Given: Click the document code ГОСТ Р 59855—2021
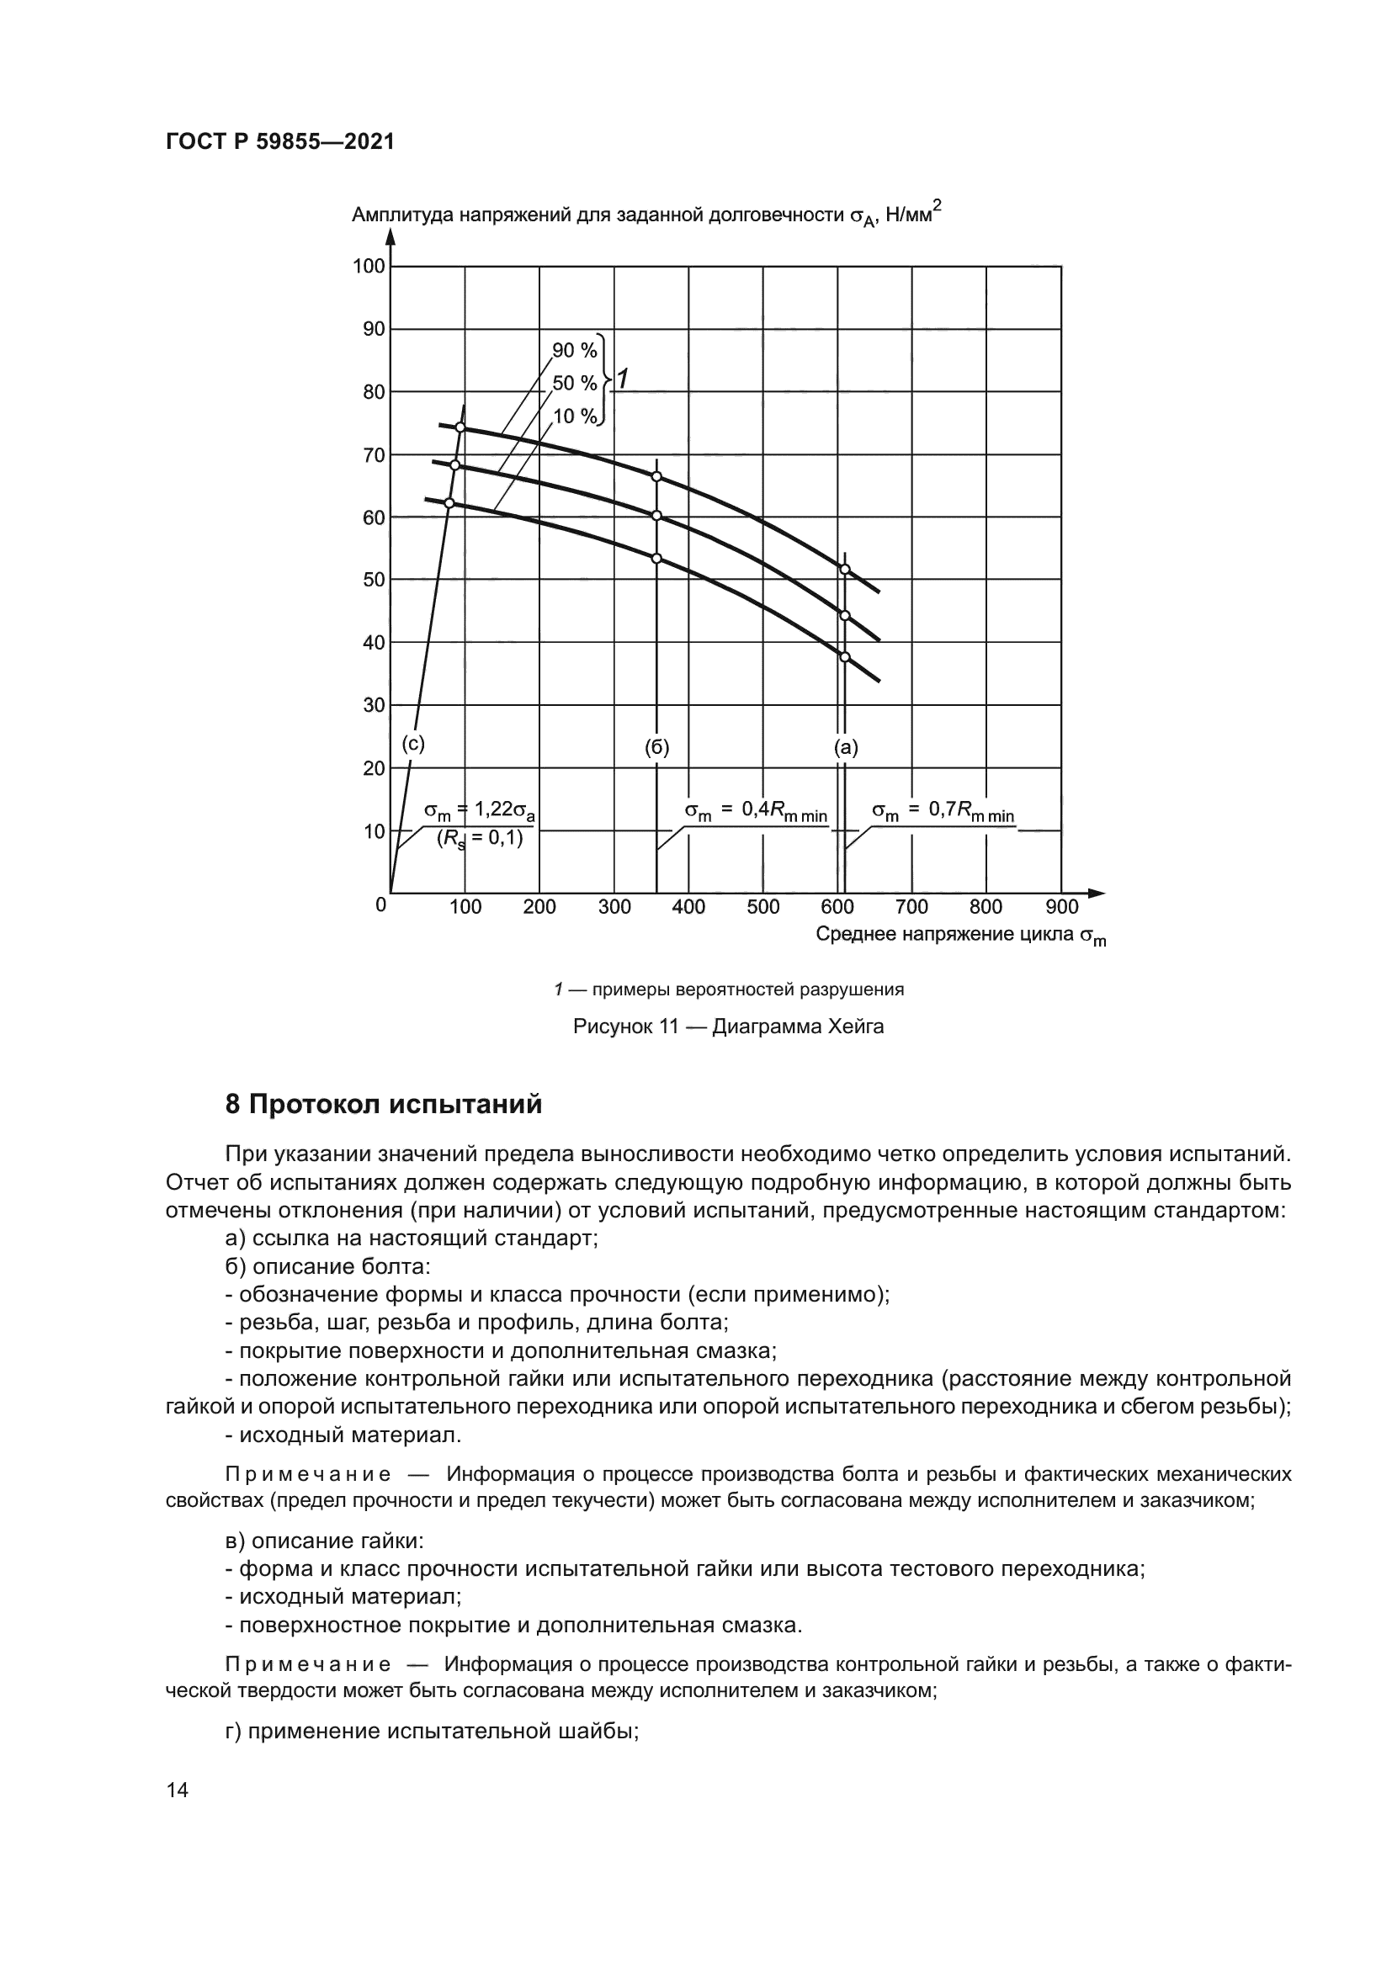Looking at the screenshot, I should coord(279,142).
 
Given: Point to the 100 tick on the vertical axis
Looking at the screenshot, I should coord(369,267).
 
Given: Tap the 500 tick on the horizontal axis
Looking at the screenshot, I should coord(762,907).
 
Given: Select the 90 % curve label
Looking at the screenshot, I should coord(573,351).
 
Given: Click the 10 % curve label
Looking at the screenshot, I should coord(574,416).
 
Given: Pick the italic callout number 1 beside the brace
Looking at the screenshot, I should coord(623,378).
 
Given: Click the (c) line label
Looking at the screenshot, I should coord(413,744).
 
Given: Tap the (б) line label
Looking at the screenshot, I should coord(656,747).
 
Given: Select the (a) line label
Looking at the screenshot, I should coord(846,747).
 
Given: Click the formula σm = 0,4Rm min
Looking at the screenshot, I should coord(756,811).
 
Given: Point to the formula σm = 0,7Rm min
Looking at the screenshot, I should coord(943,811).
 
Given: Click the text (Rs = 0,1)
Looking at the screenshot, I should coord(480,838).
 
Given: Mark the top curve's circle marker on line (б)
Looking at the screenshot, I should coord(656,476).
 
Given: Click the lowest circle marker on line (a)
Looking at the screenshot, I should coord(844,656).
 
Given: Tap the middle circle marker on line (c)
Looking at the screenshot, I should coord(455,464).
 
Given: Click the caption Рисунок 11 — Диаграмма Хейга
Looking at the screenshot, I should coord(729,1026).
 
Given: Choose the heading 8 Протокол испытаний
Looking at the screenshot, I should coord(383,1105).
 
